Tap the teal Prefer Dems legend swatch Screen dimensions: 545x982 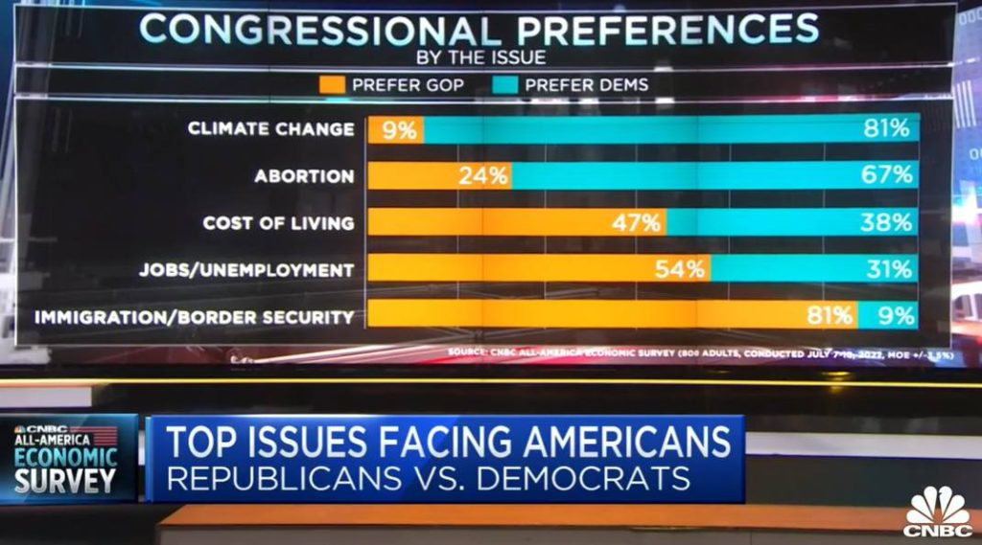coord(505,84)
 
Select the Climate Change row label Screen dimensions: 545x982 coord(271,128)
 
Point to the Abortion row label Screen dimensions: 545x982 coord(304,176)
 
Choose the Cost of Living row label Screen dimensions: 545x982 coord(278,223)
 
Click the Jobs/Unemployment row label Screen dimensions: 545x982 coord(246,270)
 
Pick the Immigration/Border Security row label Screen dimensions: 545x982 coord(195,316)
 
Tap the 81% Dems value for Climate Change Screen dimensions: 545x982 coord(887,128)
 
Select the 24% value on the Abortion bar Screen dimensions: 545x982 coord(482,176)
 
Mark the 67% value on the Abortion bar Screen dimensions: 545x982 coord(887,175)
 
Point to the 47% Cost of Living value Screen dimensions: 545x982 coord(637,223)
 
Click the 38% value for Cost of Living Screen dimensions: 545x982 coord(887,222)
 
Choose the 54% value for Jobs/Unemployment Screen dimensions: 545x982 coord(680,269)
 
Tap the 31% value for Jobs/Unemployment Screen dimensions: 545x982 coord(888,269)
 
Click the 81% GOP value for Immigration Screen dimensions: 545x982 coord(829,315)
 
